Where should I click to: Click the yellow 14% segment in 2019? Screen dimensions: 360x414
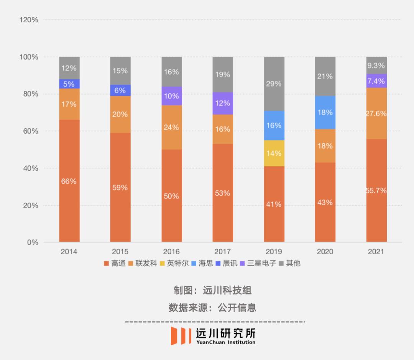tap(274, 153)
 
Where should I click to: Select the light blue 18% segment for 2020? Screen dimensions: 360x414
tap(325, 112)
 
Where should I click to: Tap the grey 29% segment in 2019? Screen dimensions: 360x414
tap(274, 84)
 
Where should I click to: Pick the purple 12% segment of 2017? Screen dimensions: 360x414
tap(223, 103)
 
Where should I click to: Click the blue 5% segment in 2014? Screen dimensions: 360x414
tap(69, 84)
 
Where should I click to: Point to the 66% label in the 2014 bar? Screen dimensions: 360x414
tap(69, 181)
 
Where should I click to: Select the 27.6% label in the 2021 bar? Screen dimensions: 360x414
tap(376, 113)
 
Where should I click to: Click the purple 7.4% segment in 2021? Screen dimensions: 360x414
tap(376, 81)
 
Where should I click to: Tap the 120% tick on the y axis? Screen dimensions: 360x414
tap(29, 20)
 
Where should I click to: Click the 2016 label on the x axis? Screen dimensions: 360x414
tap(171, 252)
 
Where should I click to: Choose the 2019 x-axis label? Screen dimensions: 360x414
tap(274, 252)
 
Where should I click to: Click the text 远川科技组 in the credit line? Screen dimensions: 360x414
tap(227, 290)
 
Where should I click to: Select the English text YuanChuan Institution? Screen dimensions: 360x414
tap(225, 342)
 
